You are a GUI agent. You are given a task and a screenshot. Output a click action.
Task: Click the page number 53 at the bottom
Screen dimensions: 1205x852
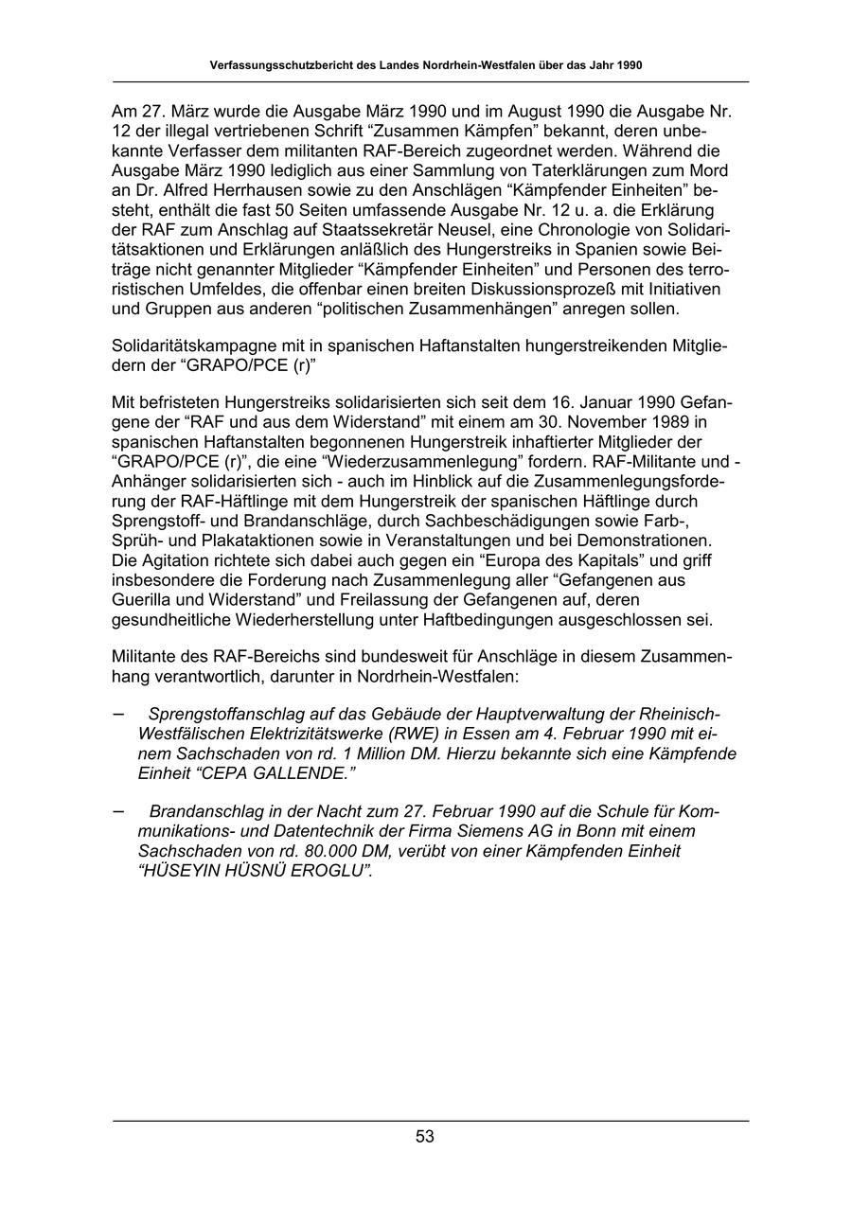425,1137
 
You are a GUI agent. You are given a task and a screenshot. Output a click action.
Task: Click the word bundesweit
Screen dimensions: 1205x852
401,656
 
